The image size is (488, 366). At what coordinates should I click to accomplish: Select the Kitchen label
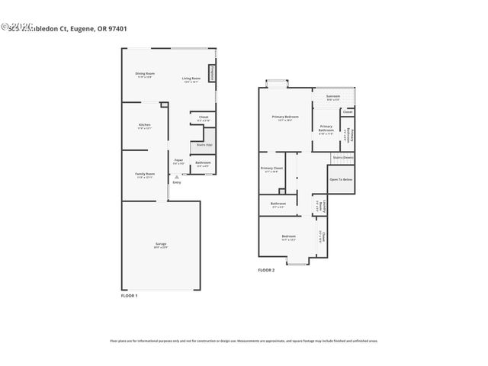coord(144,126)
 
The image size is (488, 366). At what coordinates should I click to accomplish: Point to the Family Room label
coord(145,175)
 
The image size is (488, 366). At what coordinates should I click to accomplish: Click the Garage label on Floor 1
coord(161,245)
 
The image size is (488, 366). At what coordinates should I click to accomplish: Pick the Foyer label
coord(178,162)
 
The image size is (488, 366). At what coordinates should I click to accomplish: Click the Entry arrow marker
coord(177,178)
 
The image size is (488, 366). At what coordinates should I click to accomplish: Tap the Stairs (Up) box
coord(204,144)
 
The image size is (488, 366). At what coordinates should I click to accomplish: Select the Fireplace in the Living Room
coord(211,72)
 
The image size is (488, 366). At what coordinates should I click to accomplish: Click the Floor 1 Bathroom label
coord(203,164)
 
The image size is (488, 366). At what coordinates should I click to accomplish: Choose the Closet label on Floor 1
coord(204,119)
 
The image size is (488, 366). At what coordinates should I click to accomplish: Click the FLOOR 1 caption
coord(130,295)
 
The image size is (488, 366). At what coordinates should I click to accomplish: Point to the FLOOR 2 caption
coord(266,271)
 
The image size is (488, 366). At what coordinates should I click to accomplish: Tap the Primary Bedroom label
coord(285,117)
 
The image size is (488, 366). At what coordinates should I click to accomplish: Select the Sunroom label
coord(333,98)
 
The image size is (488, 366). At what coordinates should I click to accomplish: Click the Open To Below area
coord(340,179)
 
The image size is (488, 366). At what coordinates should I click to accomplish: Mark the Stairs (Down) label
coord(342,157)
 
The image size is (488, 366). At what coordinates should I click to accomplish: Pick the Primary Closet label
coord(271,169)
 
